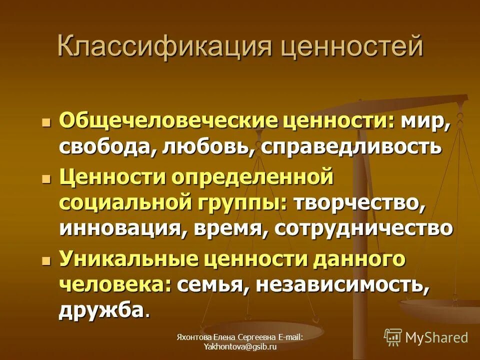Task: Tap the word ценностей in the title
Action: (352, 46)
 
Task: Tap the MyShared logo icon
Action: (393, 338)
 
